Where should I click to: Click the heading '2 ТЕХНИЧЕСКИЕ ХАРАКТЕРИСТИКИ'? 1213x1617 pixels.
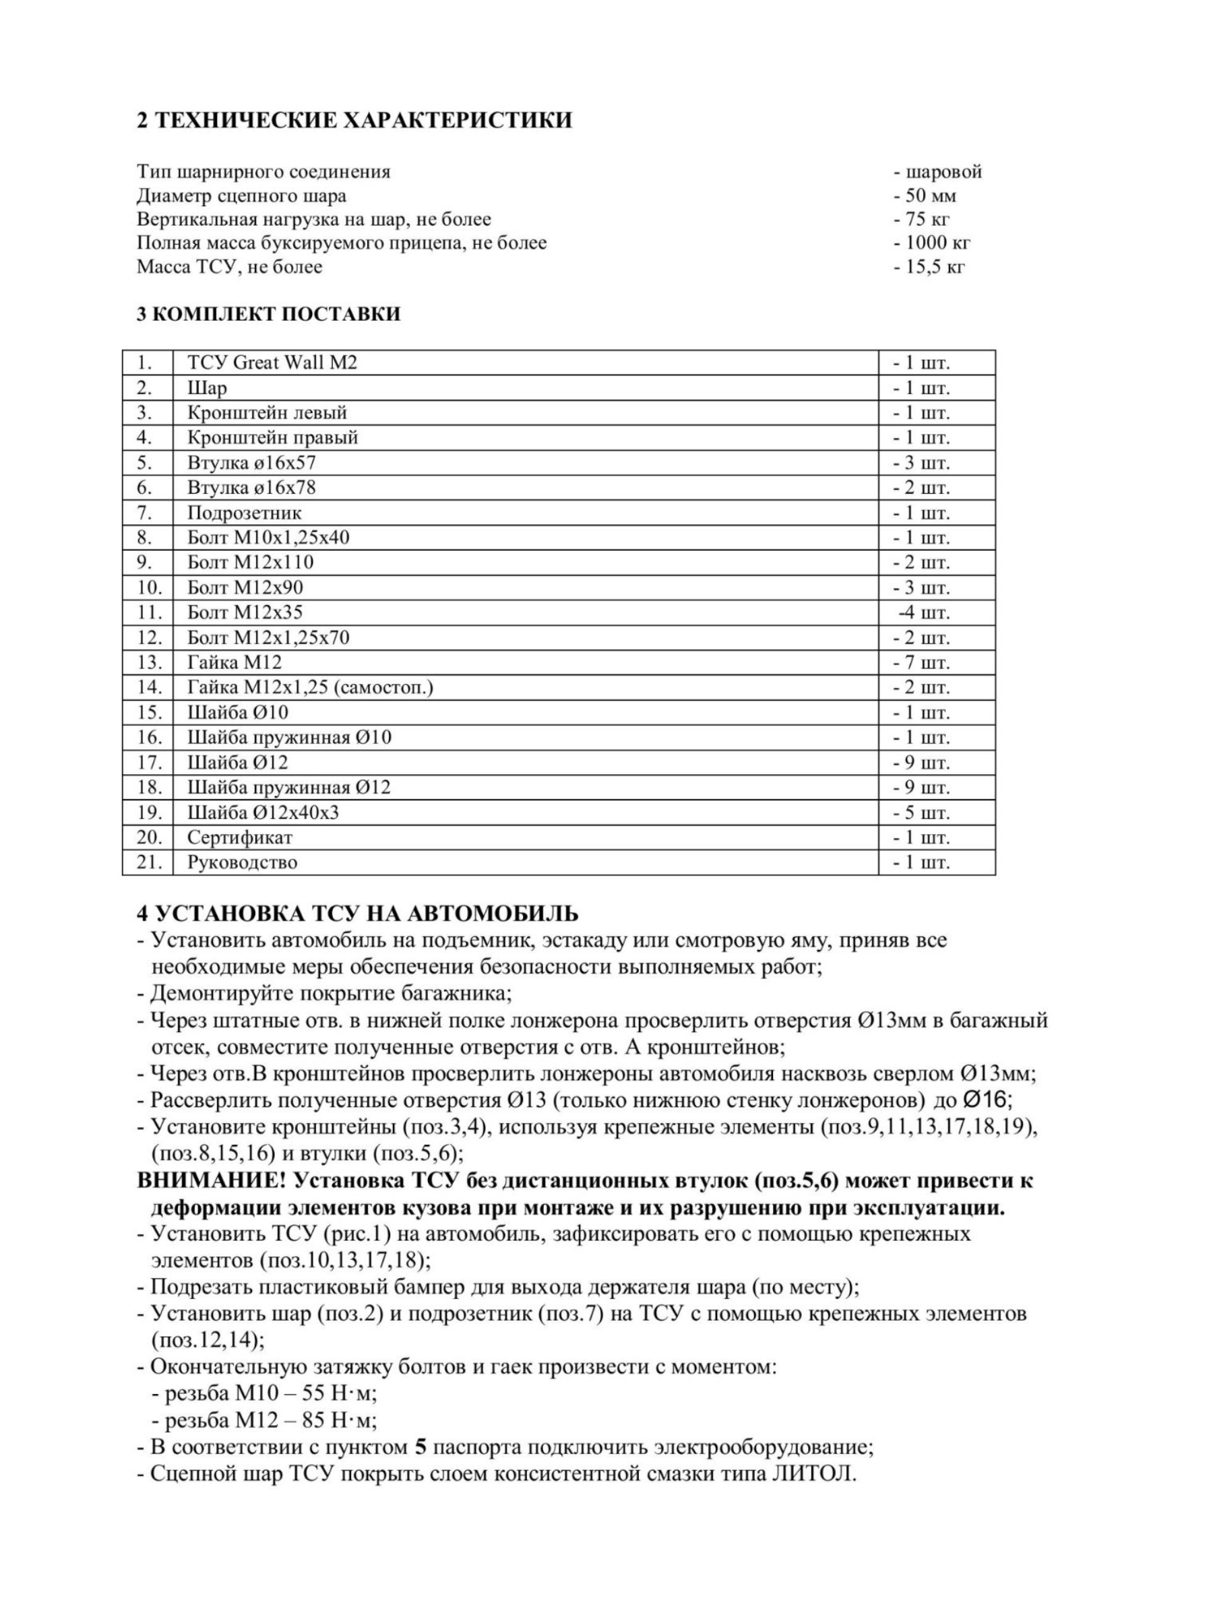click(354, 120)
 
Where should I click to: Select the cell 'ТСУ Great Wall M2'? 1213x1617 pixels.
click(272, 362)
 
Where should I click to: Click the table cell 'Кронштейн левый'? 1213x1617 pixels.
click(267, 412)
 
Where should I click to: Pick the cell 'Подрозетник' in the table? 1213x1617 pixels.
click(244, 513)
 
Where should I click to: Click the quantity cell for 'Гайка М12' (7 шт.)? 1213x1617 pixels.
click(921, 662)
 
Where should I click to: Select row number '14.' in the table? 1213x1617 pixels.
click(148, 687)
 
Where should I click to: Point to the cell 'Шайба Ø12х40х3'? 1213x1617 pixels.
click(263, 812)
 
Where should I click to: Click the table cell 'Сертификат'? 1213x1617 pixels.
click(240, 837)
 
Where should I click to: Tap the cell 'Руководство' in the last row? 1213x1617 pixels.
click(242, 862)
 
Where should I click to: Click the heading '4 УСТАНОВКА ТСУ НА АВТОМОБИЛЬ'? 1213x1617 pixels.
click(358, 914)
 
